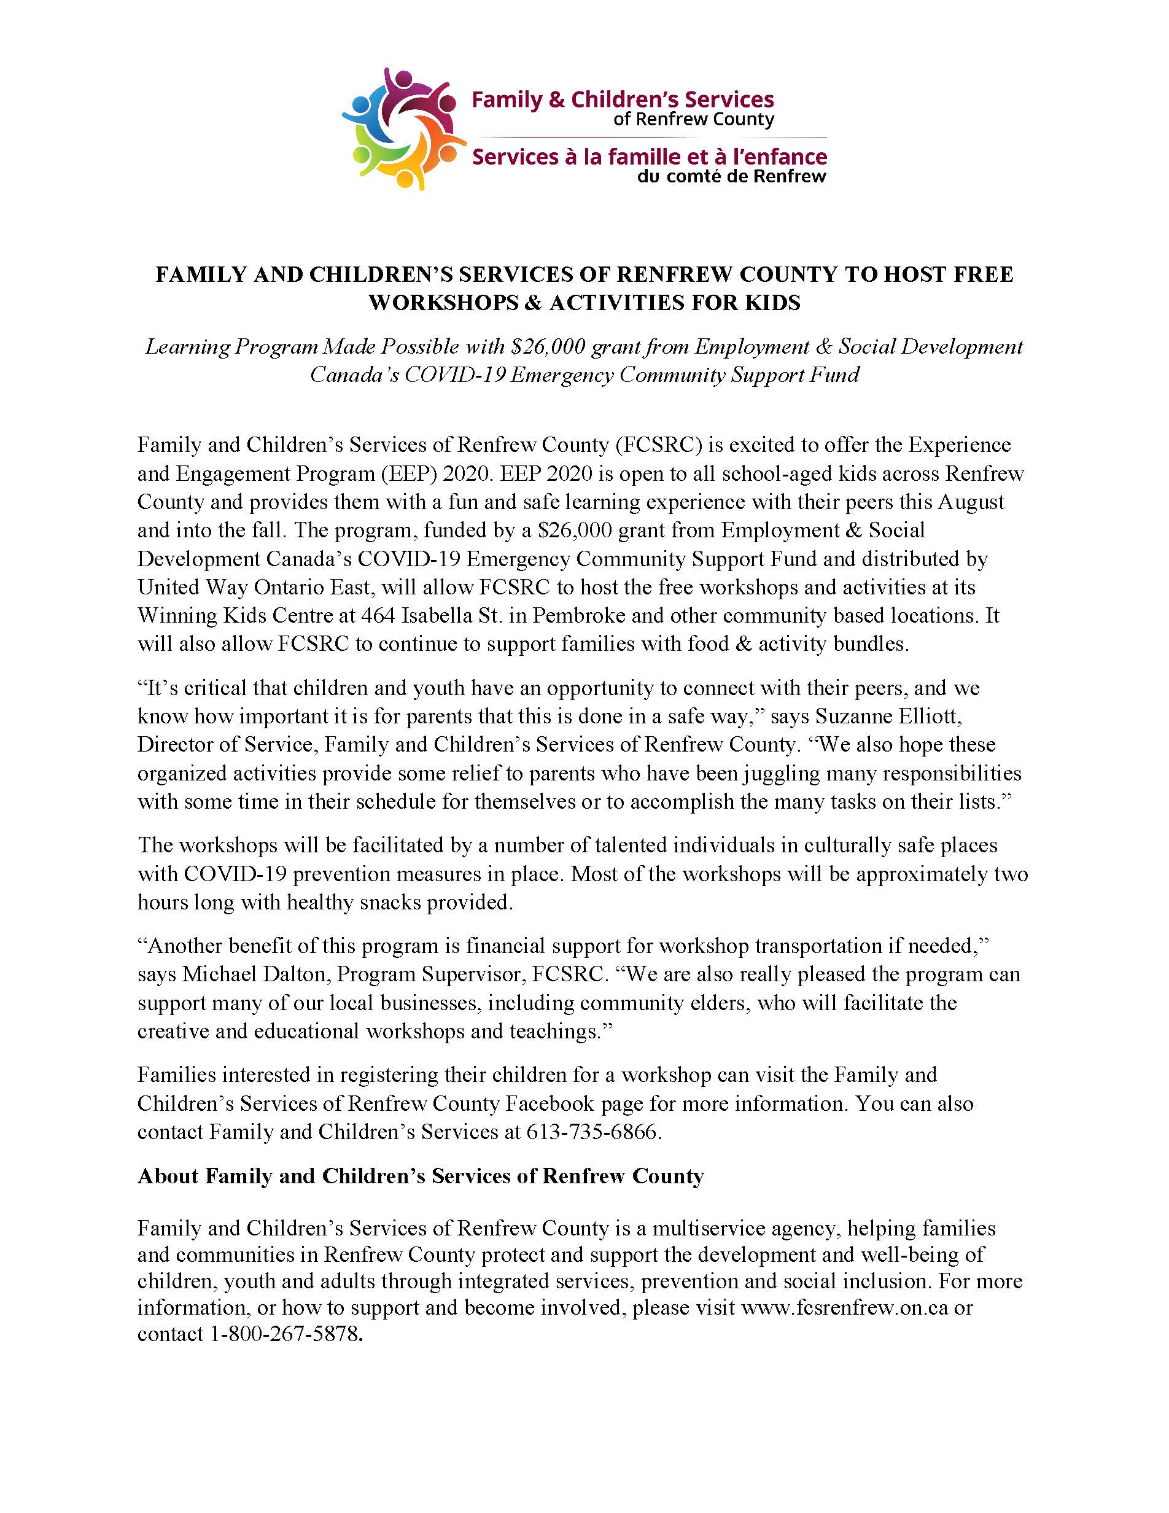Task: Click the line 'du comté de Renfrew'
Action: [731, 177]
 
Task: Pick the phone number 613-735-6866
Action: [591, 1132]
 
